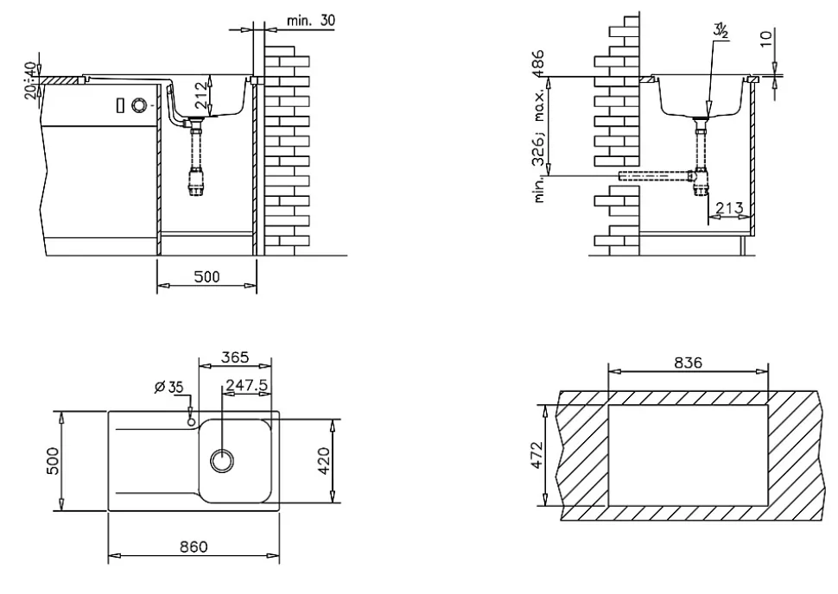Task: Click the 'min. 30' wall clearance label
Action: tap(311, 21)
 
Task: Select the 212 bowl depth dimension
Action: tap(200, 95)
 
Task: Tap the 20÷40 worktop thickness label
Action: tap(31, 80)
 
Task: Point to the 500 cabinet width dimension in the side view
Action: tap(206, 276)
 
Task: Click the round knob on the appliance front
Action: tap(139, 105)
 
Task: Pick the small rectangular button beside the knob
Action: tap(120, 106)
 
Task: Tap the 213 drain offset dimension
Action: tap(729, 207)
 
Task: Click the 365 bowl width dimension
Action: tap(235, 357)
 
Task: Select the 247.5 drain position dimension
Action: tap(246, 384)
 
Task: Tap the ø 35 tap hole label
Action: tap(168, 387)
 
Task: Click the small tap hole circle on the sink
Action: tap(190, 422)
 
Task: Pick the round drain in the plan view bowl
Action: tap(222, 460)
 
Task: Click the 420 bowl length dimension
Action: tap(325, 461)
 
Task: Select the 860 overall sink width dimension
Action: tap(194, 547)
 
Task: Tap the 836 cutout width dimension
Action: tap(688, 363)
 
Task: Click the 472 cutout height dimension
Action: tap(536, 455)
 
